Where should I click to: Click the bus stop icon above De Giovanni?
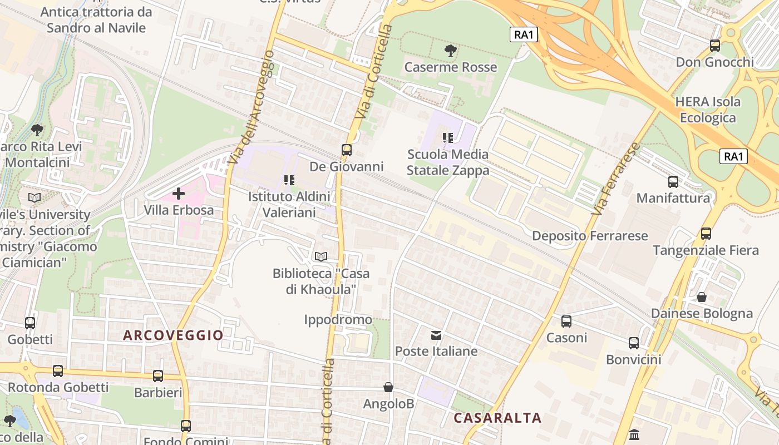[347, 150]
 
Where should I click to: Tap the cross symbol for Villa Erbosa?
[179, 194]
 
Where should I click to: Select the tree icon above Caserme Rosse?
[451, 51]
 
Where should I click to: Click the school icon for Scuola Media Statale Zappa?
[448, 137]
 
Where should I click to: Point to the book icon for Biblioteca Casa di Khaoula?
[321, 256]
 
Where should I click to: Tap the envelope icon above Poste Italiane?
[436, 335]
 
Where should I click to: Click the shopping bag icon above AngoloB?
[388, 387]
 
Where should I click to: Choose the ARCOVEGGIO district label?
[173, 335]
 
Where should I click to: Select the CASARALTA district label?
[497, 418]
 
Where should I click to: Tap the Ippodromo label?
[338, 320]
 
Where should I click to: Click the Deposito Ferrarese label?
[590, 236]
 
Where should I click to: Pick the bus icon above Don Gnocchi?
[715, 46]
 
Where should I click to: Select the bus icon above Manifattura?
[673, 181]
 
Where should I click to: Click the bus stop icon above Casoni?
[566, 321]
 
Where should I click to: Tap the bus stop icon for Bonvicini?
[634, 343]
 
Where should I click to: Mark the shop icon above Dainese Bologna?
[702, 297]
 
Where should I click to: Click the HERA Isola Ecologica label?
[707, 110]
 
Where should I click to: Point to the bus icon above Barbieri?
[158, 376]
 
